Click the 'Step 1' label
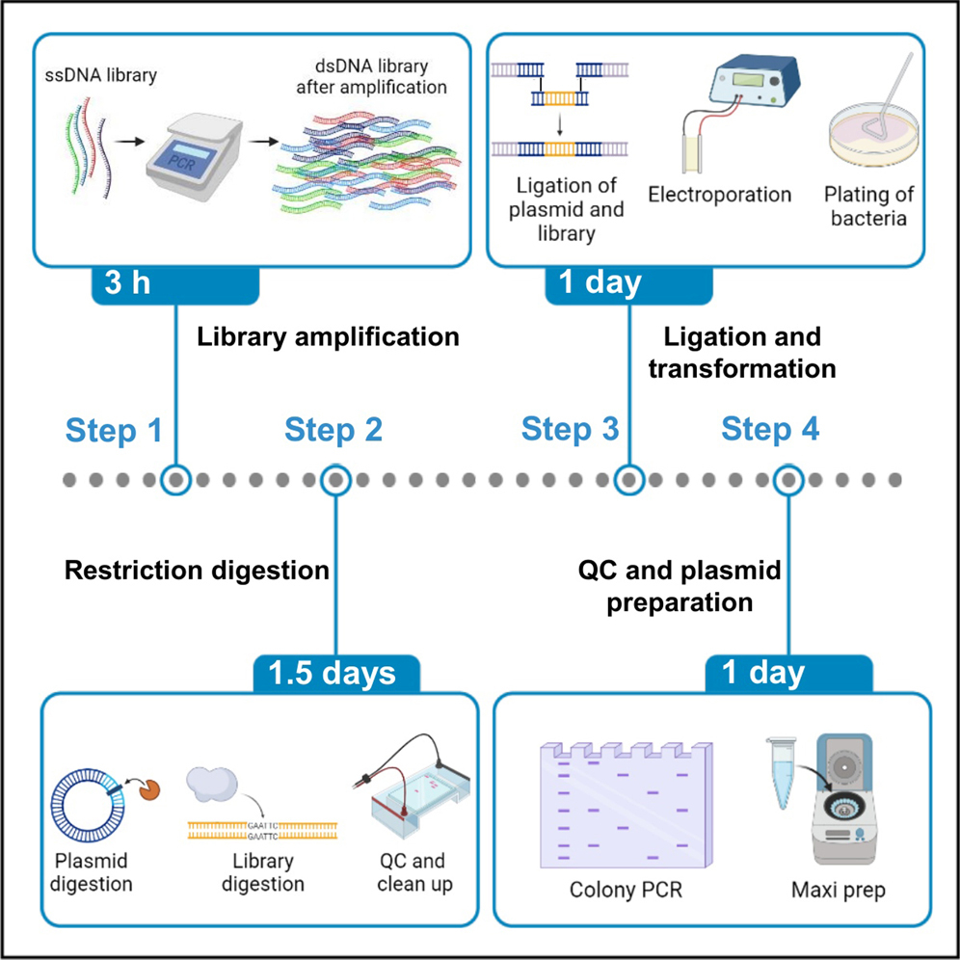tap(114, 431)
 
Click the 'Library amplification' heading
tap(328, 338)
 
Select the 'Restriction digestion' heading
tap(197, 571)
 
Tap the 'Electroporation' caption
tap(719, 195)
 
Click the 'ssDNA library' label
tap(94, 74)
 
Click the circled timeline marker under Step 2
tap(334, 479)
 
